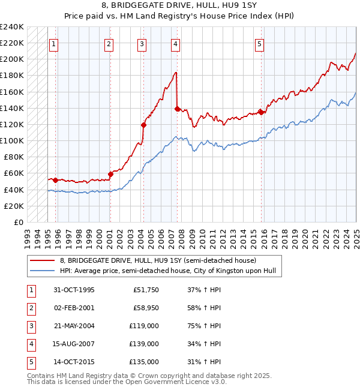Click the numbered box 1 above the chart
54,43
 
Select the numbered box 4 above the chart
175,43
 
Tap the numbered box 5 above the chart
259,43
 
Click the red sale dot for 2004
144,125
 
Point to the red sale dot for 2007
177,109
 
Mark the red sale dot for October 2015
262,112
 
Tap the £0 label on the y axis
19,222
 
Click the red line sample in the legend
43,260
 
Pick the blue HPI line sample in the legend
43,271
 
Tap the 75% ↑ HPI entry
204,326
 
